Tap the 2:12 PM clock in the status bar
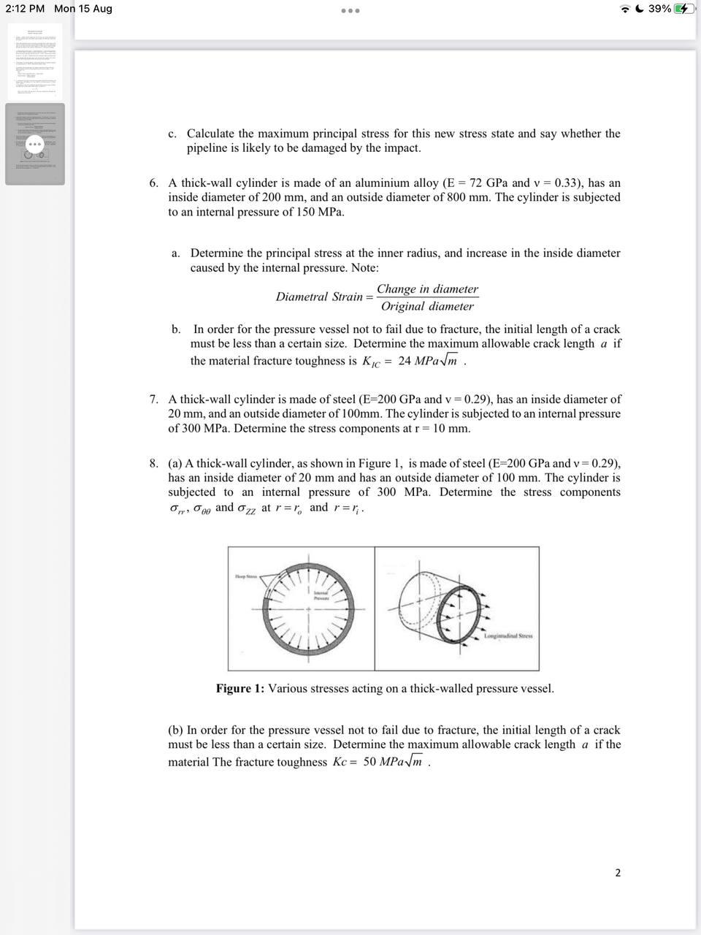(x=25, y=9)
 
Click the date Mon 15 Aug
(x=83, y=9)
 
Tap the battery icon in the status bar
(x=683, y=9)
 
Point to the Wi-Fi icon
(x=624, y=9)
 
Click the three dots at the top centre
(x=350, y=10)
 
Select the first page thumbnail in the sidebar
(x=35, y=61)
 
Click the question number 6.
(x=153, y=183)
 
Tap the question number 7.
(x=153, y=400)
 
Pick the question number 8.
(x=153, y=463)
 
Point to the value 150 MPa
(x=320, y=212)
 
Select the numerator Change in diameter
(x=427, y=289)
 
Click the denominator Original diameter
(x=427, y=306)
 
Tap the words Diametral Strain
(x=319, y=297)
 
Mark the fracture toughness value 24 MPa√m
(x=428, y=361)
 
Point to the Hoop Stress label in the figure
(x=245, y=577)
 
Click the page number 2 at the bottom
(x=618, y=872)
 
